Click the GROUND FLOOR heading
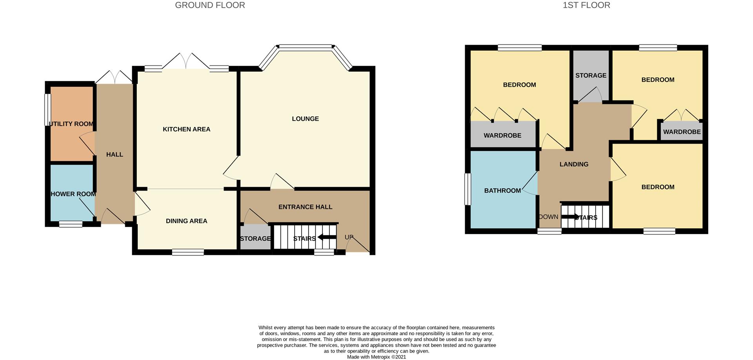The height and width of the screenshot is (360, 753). [x=210, y=5]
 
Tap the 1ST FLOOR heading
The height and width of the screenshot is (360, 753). [x=586, y=5]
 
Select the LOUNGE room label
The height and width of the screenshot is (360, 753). [x=305, y=119]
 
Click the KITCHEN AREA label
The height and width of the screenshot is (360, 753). [x=186, y=129]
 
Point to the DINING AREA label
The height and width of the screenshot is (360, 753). [x=186, y=221]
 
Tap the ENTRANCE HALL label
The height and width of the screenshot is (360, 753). [x=305, y=207]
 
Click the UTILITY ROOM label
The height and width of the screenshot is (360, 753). [x=71, y=124]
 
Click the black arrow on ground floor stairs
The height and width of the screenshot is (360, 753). [x=327, y=237]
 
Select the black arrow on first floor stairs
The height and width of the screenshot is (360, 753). [x=570, y=216]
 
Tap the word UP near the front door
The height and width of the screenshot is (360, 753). [x=349, y=237]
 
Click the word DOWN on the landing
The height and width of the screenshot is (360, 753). [x=548, y=217]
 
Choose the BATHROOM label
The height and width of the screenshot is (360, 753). [x=502, y=191]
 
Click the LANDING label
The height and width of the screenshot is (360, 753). [x=574, y=164]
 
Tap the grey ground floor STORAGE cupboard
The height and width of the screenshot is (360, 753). [x=255, y=237]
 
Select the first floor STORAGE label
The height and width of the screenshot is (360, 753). [x=591, y=75]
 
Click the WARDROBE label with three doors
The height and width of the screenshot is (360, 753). [x=502, y=135]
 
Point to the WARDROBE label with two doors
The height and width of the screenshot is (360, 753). [x=682, y=132]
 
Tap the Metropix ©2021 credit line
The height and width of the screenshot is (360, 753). [x=376, y=357]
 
